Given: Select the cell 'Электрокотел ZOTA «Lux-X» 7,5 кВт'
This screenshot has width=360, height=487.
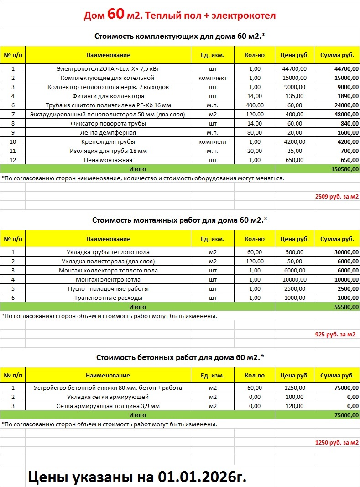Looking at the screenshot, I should pyautogui.click(x=108, y=69).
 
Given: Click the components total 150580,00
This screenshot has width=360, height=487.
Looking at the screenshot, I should pyautogui.click(x=344, y=169).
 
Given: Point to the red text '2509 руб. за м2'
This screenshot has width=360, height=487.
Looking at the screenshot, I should pyautogui.click(x=337, y=197).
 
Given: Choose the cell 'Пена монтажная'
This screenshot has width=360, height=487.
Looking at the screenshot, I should pyautogui.click(x=108, y=160).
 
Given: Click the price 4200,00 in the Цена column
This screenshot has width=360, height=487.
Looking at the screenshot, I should pyautogui.click(x=294, y=142).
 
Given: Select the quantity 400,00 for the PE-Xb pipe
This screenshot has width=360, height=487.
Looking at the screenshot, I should pyautogui.click(x=255, y=105).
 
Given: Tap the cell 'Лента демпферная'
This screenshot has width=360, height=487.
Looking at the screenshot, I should pyautogui.click(x=108, y=133).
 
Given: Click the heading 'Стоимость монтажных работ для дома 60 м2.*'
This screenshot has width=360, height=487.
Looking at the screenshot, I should pyautogui.click(x=180, y=220).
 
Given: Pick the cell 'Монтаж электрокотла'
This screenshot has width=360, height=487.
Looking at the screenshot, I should pyautogui.click(x=108, y=279).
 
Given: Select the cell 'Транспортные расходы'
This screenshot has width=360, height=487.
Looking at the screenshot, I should pyautogui.click(x=108, y=298).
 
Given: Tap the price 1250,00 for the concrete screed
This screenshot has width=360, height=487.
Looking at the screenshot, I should pyautogui.click(x=294, y=388).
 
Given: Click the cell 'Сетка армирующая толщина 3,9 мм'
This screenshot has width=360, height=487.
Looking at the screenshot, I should pyautogui.click(x=108, y=406).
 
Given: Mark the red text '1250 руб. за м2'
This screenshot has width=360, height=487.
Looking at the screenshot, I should pyautogui.click(x=337, y=443).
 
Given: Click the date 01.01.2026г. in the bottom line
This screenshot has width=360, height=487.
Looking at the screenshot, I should pyautogui.click(x=203, y=477).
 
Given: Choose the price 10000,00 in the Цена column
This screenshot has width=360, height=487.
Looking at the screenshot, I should pyautogui.click(x=294, y=279).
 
